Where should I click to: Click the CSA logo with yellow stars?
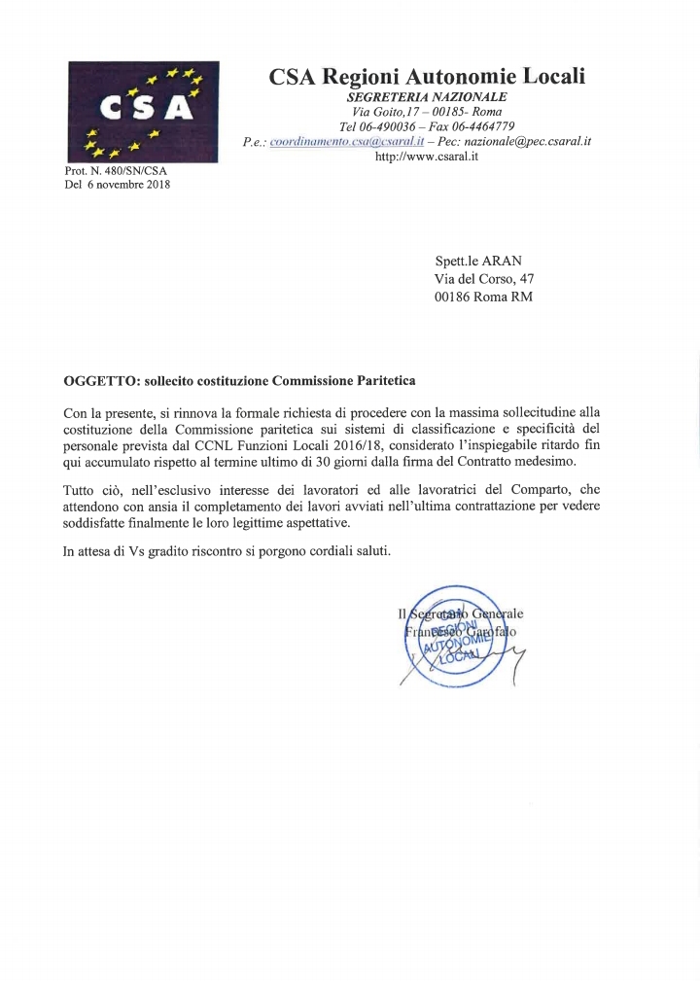(142, 112)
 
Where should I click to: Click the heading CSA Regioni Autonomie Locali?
(427, 75)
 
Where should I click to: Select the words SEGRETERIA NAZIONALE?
(427, 97)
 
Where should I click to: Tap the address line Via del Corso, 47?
(484, 279)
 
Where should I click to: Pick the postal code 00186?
(453, 297)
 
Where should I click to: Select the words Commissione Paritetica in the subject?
(345, 379)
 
